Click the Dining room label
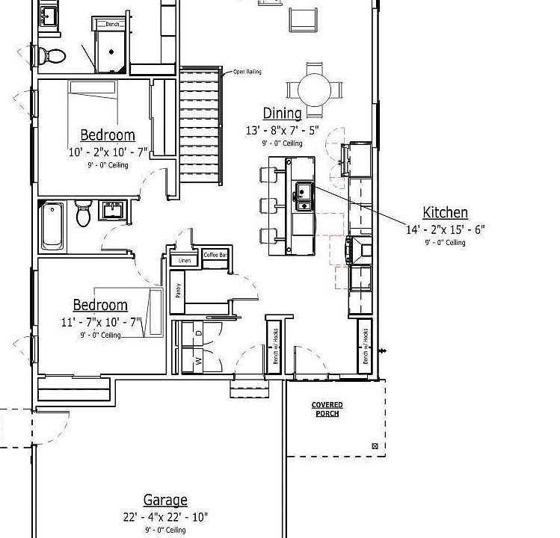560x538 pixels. (282, 114)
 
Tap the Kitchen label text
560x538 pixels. (445, 213)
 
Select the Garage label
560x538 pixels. (165, 500)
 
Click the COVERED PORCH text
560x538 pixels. (327, 409)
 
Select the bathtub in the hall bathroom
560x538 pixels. (52, 224)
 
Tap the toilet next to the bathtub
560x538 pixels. (84, 214)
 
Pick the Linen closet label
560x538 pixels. (185, 261)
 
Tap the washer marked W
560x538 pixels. (198, 360)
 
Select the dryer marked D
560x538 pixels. (198, 333)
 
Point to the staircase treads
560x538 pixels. (200, 127)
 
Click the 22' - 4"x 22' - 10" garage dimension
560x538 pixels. (165, 517)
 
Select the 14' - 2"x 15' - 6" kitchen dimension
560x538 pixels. (445, 230)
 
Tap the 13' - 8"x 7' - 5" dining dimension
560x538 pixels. (282, 130)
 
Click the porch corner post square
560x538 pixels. (375, 447)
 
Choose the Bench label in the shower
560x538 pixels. (112, 25)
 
